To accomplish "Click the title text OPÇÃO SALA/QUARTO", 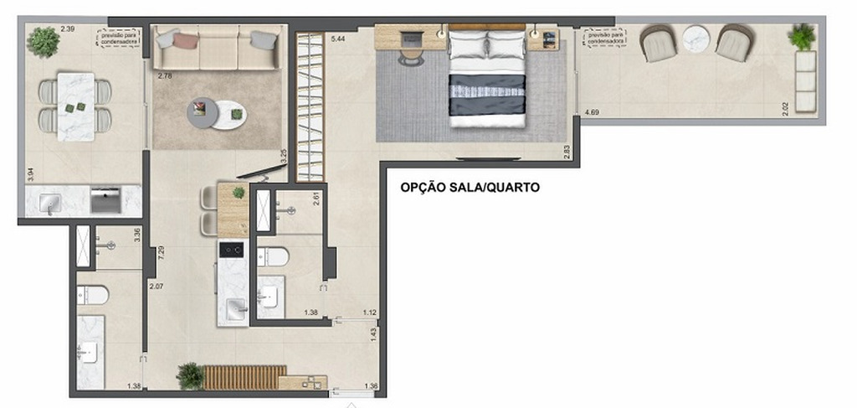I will click(470, 188).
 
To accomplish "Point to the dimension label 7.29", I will click(160, 250).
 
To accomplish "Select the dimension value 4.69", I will click(592, 111).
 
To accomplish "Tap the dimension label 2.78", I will click(164, 76).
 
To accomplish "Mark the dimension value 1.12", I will click(369, 312).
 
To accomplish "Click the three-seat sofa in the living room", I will click(218, 48).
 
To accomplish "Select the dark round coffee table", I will click(202, 113).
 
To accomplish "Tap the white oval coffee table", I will click(229, 115).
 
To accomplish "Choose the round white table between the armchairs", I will click(695, 39).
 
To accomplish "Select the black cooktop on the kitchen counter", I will click(231, 249).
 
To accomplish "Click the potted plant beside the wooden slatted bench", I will click(191, 376).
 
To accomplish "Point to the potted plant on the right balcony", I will click(802, 36).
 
